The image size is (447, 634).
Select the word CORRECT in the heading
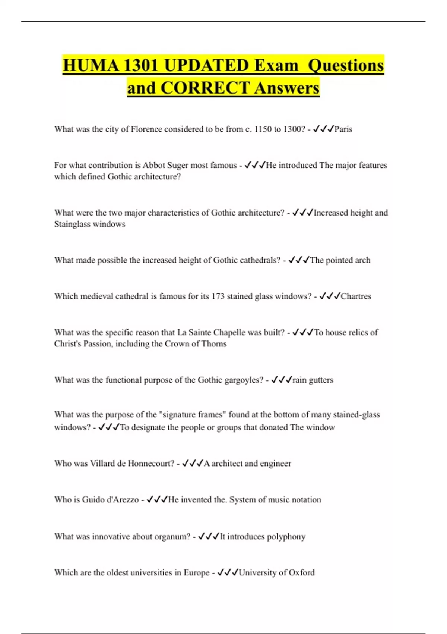[x=205, y=88]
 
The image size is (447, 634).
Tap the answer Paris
[x=343, y=129]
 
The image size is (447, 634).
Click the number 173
[x=218, y=296]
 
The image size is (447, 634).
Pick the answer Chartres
[x=356, y=296]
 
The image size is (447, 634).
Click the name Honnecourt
[x=151, y=464]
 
